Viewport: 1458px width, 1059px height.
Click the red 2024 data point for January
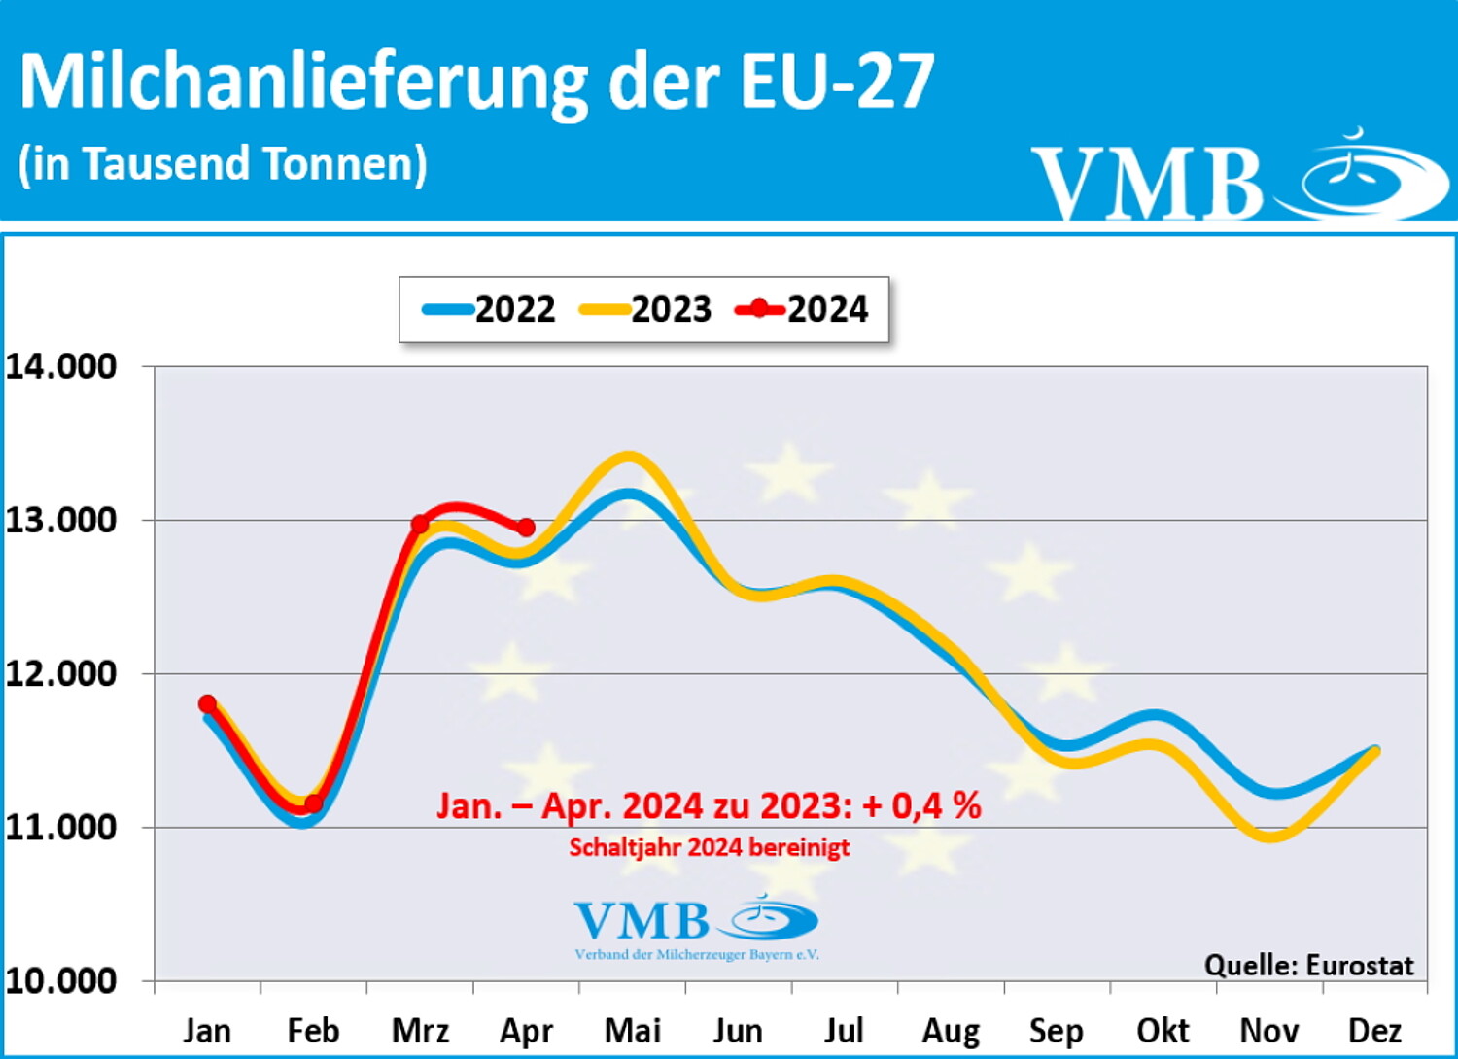coord(207,703)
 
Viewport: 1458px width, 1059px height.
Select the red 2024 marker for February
coord(313,803)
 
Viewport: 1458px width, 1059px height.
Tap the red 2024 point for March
coord(420,525)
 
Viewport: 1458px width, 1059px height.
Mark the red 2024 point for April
coord(526,528)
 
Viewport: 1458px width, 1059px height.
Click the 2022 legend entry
coord(490,310)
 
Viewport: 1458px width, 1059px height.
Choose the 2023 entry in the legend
coord(646,310)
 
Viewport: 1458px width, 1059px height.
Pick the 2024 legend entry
coord(803,310)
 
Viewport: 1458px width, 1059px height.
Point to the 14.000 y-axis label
coord(61,366)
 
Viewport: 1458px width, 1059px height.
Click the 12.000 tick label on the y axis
coord(61,673)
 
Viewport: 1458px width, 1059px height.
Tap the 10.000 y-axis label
coord(61,980)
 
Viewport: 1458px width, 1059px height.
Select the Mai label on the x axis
coord(632,1030)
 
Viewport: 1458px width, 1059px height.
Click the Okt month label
coord(1163,1030)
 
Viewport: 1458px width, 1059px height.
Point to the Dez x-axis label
coord(1374,1030)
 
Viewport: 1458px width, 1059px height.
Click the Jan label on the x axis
coord(207,1030)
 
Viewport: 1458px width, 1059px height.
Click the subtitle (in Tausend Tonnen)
coord(223,163)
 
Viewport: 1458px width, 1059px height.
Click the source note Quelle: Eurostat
coord(1308,965)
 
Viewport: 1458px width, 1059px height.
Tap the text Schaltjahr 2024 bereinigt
coord(710,847)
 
